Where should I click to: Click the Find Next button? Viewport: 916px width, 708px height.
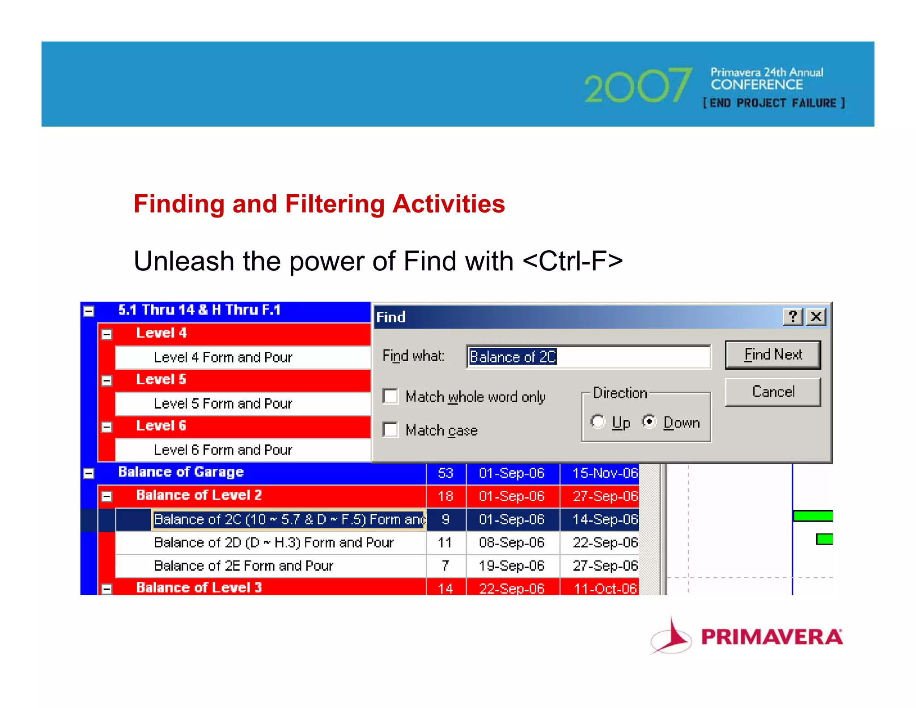tap(772, 355)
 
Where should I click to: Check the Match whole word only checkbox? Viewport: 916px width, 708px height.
tap(390, 396)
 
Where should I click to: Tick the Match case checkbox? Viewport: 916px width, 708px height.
tap(390, 430)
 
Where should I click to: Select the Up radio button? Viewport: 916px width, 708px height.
tap(598, 422)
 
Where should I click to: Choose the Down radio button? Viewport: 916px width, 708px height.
tap(649, 422)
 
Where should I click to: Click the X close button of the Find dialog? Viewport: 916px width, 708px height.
tap(816, 317)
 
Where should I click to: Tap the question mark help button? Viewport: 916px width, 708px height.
tap(793, 317)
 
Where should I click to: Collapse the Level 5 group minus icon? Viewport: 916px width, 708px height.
tap(106, 380)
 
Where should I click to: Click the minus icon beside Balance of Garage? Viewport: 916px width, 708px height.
tap(89, 473)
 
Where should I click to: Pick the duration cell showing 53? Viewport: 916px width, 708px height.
tap(445, 473)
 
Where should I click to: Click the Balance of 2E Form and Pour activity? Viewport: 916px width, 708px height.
tap(244, 566)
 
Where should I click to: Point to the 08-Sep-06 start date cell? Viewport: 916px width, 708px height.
tap(512, 542)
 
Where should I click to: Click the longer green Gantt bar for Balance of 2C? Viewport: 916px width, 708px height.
tap(812, 516)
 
